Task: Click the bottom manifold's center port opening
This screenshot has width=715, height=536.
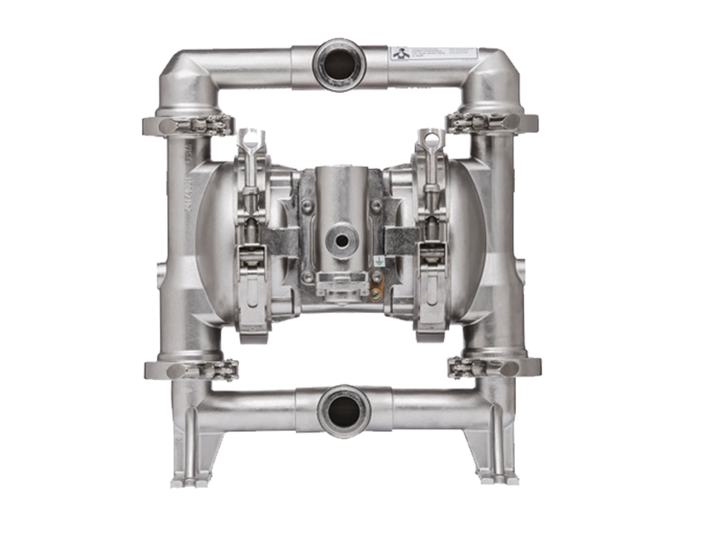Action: tap(342, 412)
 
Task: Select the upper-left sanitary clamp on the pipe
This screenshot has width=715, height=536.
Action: tap(188, 122)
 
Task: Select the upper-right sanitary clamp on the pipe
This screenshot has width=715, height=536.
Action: tap(493, 122)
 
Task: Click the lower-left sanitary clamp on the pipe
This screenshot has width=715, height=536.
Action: tap(190, 367)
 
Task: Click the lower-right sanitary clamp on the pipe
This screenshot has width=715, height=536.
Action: tap(493, 367)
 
